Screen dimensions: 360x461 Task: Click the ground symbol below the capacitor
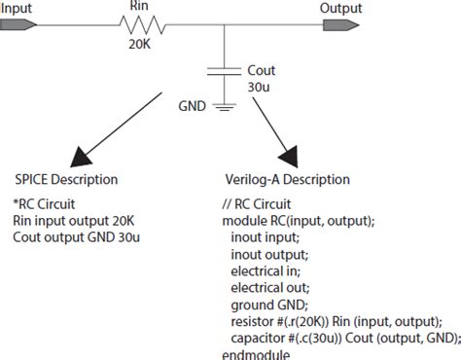[x=225, y=106]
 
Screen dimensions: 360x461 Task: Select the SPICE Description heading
[x=66, y=180]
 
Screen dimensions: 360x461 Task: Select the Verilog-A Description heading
[x=287, y=180]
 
